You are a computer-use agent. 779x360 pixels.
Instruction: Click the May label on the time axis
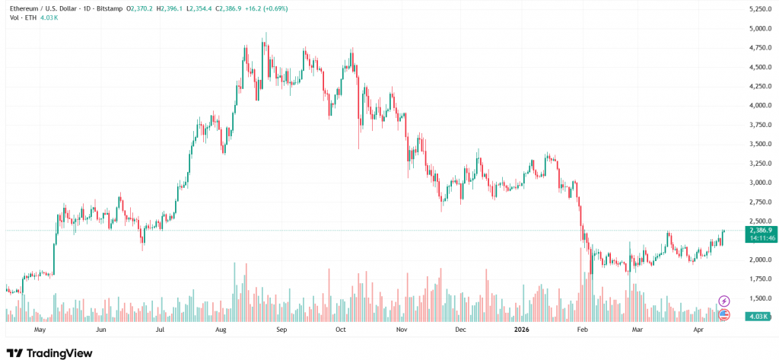pos(40,331)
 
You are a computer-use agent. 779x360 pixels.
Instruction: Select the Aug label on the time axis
pos(221,331)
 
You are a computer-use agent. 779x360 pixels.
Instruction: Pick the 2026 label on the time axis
pos(520,331)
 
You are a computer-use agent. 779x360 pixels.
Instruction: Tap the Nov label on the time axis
pos(401,331)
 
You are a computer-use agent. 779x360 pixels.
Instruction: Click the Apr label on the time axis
pos(699,331)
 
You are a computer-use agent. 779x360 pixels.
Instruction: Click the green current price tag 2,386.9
pos(761,230)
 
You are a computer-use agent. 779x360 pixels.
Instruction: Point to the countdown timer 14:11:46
pos(761,238)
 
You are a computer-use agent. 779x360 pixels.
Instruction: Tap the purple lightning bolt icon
pos(724,301)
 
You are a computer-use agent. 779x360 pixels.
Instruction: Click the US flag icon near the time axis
pos(724,314)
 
